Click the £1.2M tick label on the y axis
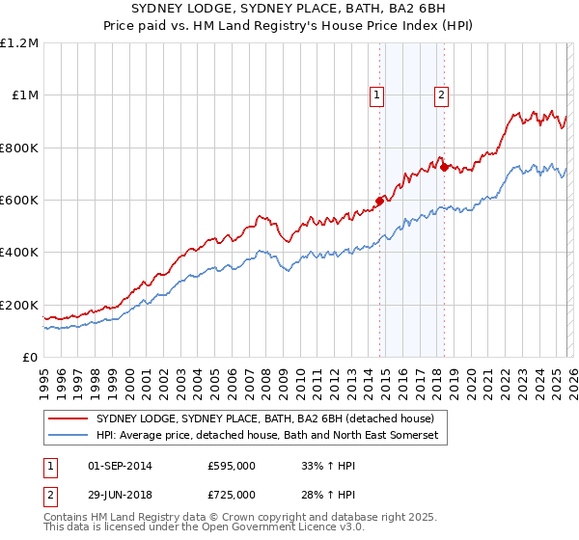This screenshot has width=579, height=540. (20, 43)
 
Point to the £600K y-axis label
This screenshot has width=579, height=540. (19, 201)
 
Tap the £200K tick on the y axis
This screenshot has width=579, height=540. (19, 305)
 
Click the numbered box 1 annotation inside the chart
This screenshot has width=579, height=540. (375, 94)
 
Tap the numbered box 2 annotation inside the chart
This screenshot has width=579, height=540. (441, 94)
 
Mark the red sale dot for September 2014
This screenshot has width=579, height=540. (379, 202)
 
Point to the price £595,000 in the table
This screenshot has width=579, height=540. (231, 466)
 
